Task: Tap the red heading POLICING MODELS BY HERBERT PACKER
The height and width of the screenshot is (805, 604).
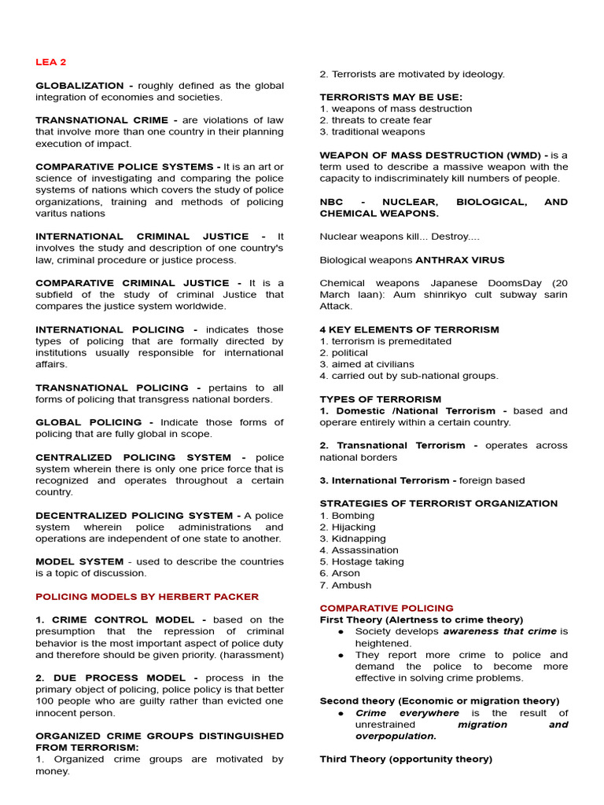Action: (147, 597)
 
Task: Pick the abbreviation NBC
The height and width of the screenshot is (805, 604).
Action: (331, 202)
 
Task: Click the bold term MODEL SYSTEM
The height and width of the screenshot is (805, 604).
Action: (79, 562)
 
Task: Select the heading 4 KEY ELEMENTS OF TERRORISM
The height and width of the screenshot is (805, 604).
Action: (409, 330)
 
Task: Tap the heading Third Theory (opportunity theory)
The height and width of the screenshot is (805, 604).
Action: (406, 759)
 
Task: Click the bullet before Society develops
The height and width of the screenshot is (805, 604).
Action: (341, 632)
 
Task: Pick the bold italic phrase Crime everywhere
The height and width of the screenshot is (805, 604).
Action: (407, 713)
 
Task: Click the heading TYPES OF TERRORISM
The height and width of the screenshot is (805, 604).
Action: (381, 399)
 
